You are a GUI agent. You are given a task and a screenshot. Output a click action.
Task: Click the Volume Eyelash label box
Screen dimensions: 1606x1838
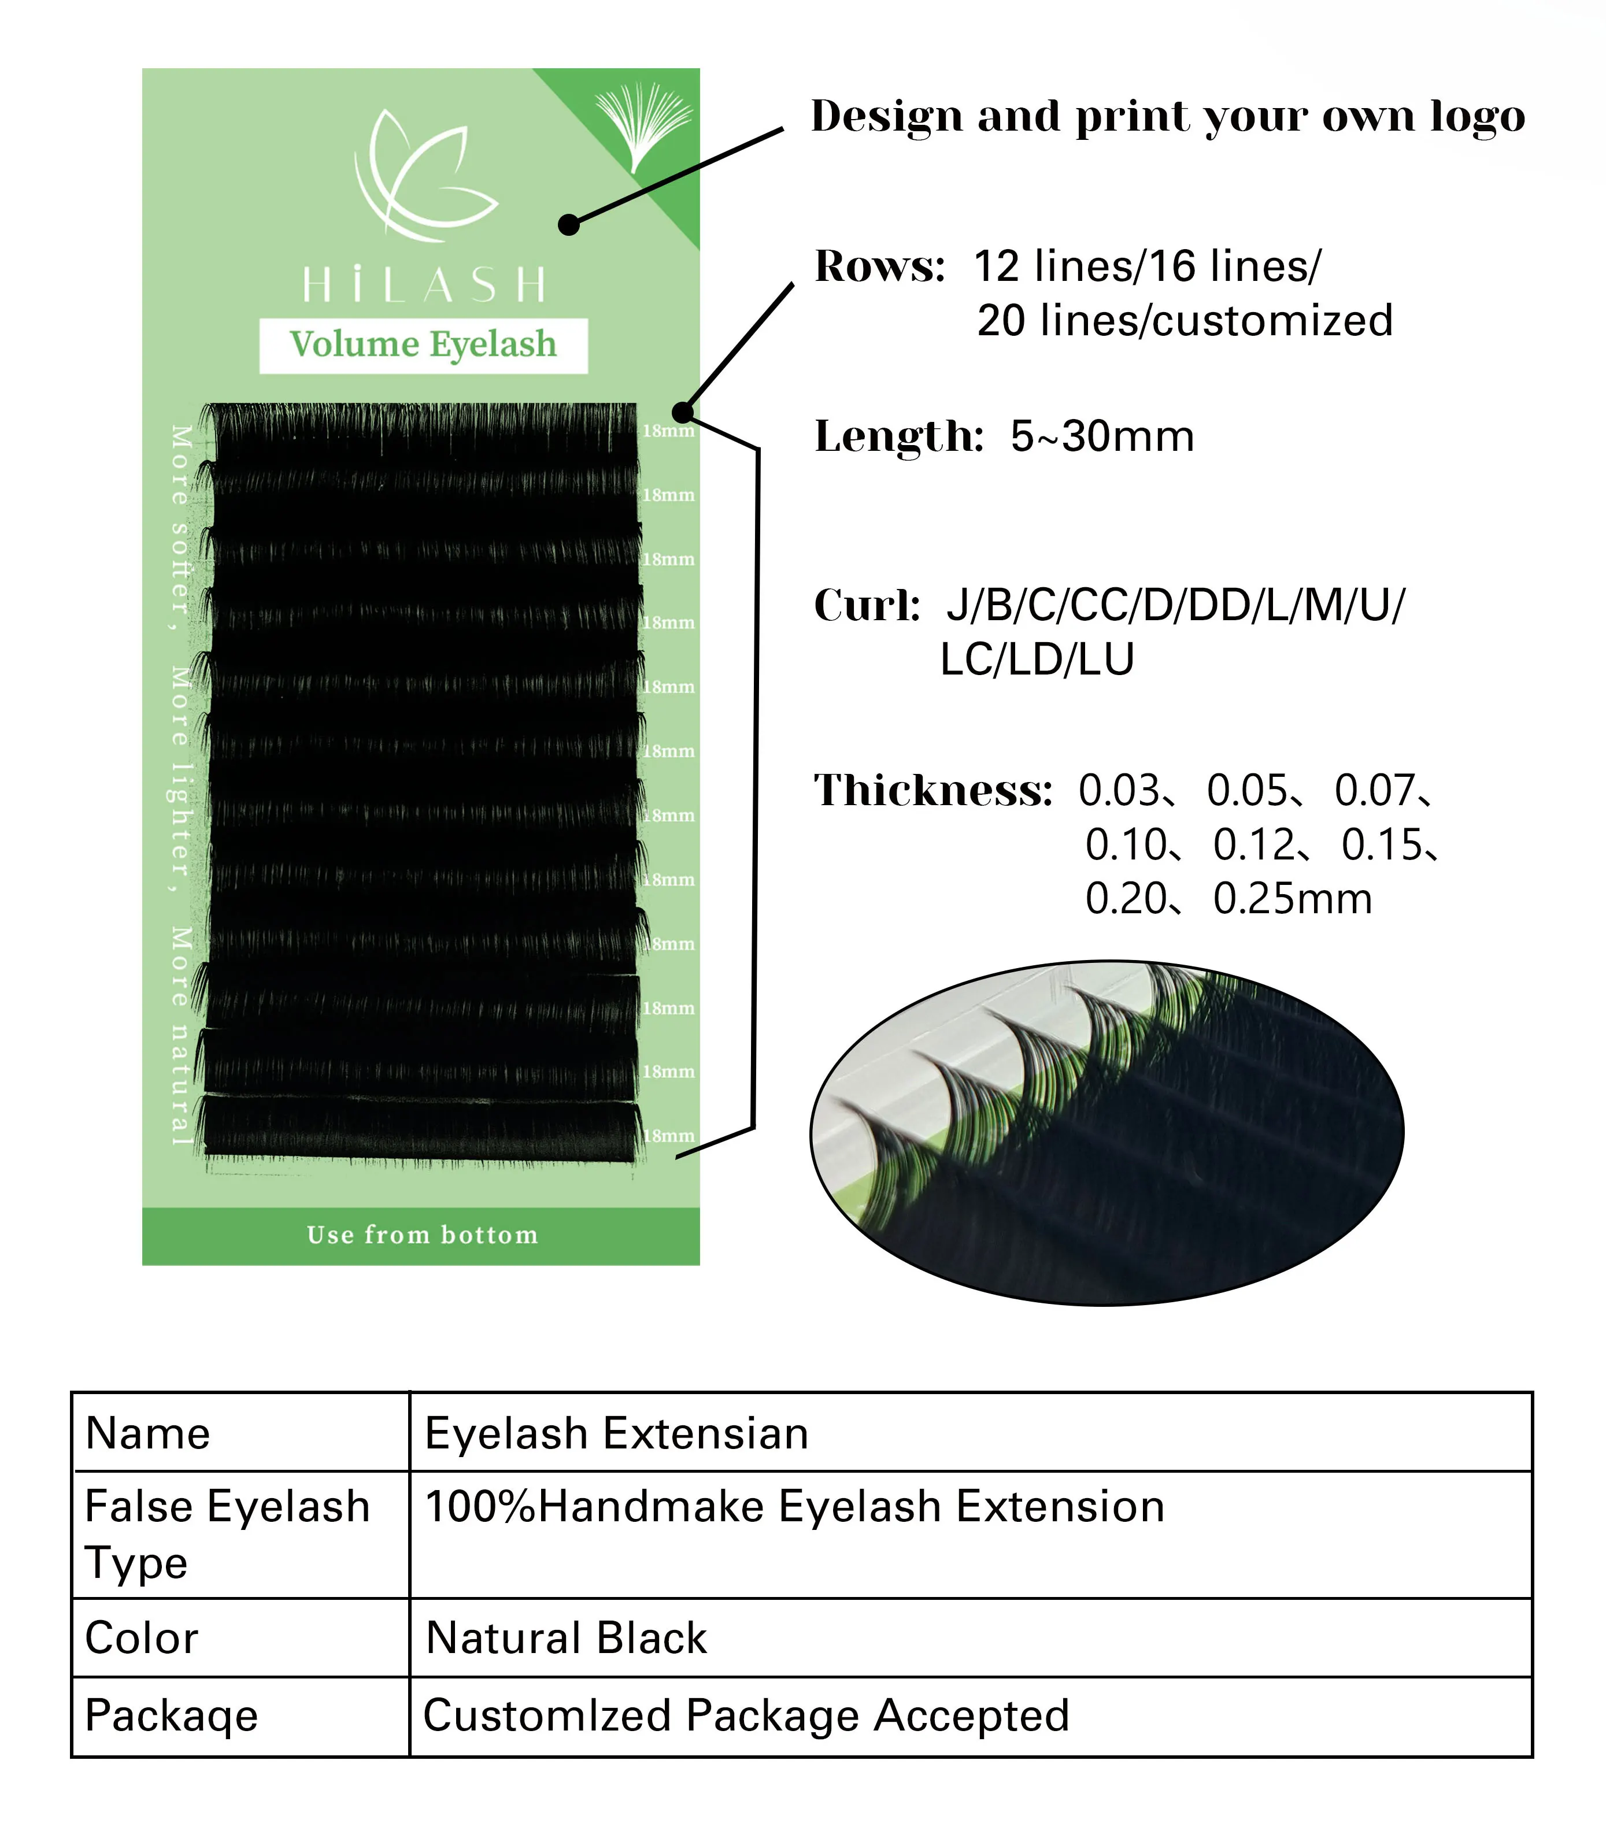[x=423, y=345]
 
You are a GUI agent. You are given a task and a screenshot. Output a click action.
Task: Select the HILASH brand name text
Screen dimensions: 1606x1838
[x=423, y=285]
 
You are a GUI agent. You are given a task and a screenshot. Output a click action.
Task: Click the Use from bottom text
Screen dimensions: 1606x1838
[x=422, y=1235]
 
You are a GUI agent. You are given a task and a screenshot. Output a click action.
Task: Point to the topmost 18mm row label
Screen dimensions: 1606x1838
[x=668, y=431]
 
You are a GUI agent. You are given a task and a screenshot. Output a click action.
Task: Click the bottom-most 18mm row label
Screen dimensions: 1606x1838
[x=668, y=1135]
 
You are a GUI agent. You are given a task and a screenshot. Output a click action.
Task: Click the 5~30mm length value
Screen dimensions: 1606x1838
[x=1102, y=436]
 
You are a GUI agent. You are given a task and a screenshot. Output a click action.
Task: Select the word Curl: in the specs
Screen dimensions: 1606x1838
[x=867, y=605]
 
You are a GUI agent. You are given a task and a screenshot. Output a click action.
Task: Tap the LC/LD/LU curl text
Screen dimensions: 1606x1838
[x=1037, y=659]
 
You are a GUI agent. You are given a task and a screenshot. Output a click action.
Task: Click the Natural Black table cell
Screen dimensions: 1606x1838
[x=567, y=1638]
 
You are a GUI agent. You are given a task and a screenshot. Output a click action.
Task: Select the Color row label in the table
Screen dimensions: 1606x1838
[x=142, y=1638]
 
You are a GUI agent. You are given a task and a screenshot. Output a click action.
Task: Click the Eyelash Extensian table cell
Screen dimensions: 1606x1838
[x=617, y=1434]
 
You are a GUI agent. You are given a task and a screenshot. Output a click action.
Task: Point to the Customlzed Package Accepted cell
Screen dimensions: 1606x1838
[x=746, y=1716]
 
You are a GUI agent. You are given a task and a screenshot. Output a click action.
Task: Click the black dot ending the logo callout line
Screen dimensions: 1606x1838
[x=569, y=224]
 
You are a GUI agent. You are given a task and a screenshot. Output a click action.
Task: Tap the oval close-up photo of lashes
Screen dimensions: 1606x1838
[x=1107, y=1133]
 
